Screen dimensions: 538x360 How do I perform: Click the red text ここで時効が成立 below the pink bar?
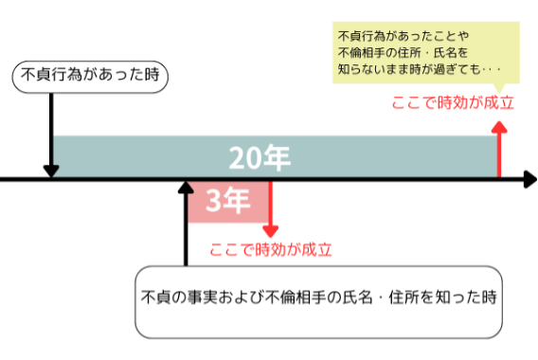click(271, 250)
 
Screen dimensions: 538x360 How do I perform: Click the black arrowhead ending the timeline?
click(528, 178)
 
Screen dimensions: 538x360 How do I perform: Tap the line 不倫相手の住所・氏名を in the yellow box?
click(403, 51)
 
